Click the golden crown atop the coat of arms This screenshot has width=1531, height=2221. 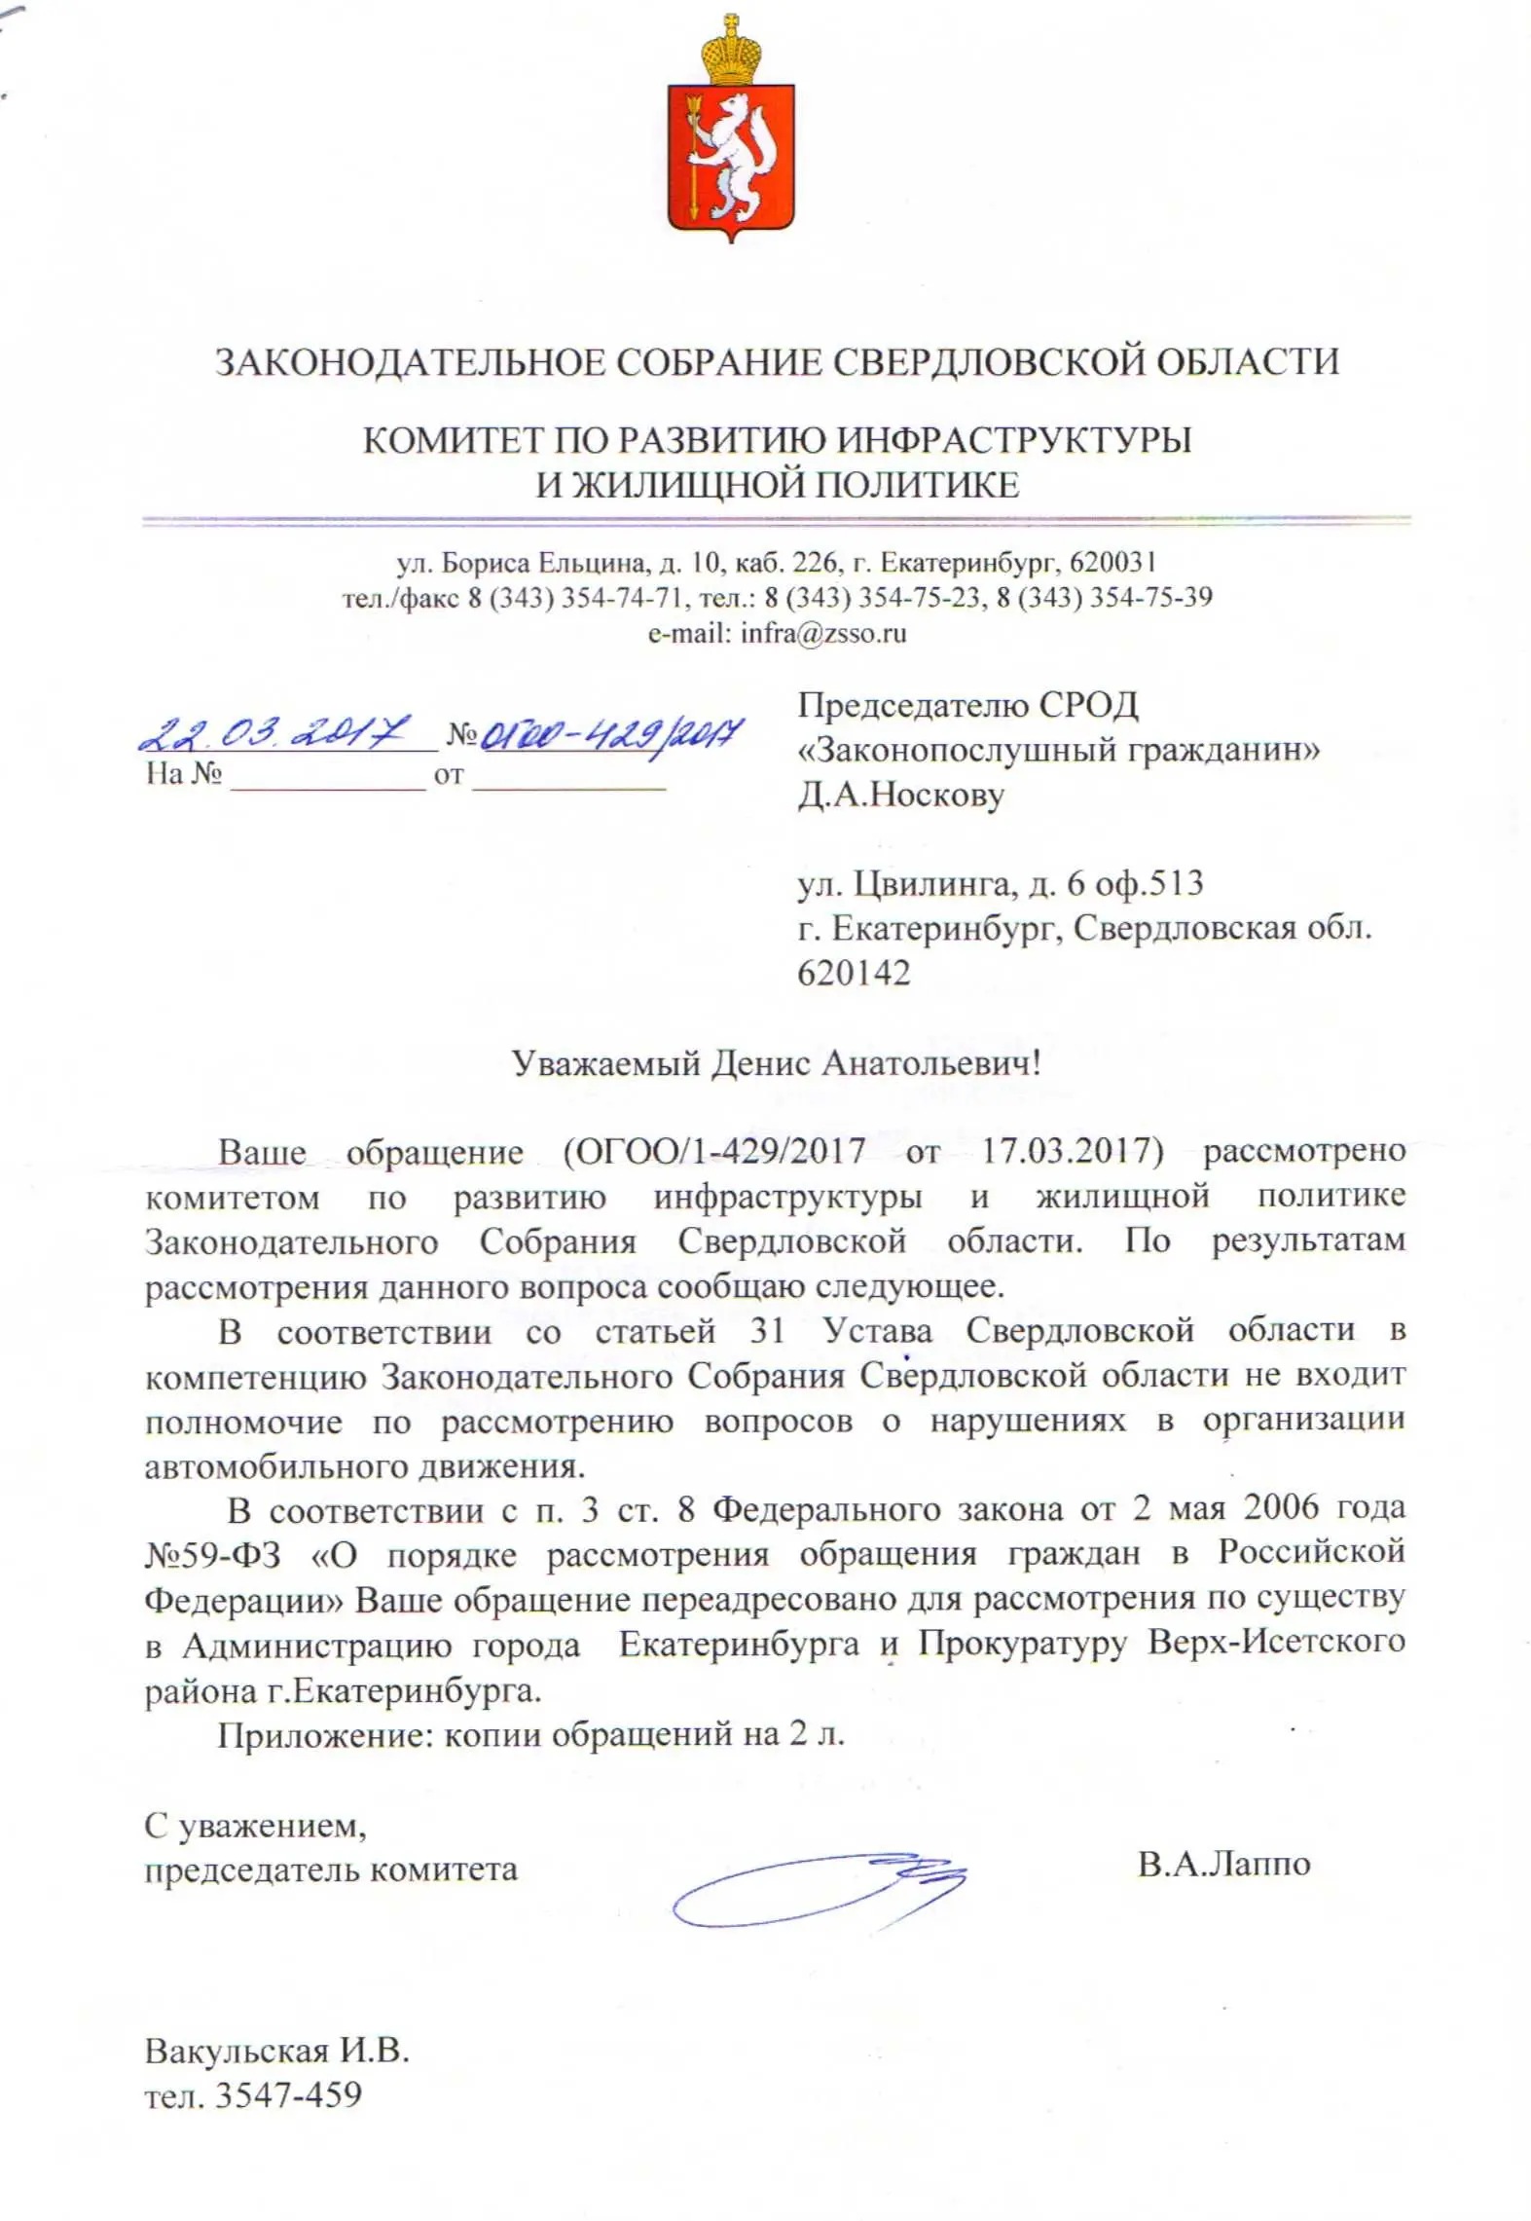click(x=731, y=51)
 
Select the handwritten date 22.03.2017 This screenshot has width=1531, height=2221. click(x=275, y=731)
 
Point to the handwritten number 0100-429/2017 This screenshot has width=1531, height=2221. click(x=612, y=732)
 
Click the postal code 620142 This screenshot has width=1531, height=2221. click(x=854, y=973)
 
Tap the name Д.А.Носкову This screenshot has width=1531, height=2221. click(x=900, y=795)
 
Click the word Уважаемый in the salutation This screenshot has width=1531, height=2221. click(x=606, y=1062)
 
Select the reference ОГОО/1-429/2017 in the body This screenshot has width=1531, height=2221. click(x=713, y=1152)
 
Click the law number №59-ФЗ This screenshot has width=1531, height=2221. click(x=213, y=1555)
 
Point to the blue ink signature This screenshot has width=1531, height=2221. click(x=818, y=1888)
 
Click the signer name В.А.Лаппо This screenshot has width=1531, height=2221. click(x=1223, y=1864)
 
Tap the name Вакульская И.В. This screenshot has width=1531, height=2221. click(x=276, y=2052)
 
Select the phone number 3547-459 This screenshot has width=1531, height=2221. click(x=288, y=2094)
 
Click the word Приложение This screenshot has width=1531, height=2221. click(x=323, y=1734)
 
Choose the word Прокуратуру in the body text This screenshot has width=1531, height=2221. click(x=1022, y=1644)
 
